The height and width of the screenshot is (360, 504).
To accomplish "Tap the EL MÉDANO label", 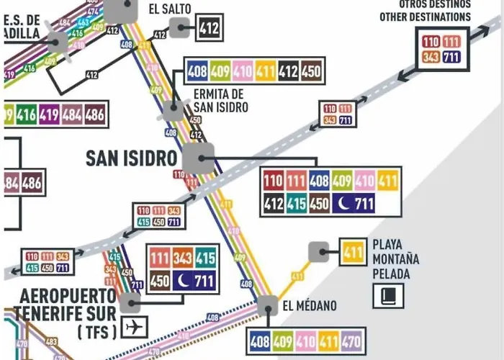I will click(x=309, y=306).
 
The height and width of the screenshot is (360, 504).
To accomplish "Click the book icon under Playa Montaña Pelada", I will click(x=387, y=295).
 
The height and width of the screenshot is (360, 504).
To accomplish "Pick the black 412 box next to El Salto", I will click(x=209, y=29).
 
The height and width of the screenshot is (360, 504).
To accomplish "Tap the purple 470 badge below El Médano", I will click(x=353, y=341).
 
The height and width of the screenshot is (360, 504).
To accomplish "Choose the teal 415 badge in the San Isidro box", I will click(x=296, y=204).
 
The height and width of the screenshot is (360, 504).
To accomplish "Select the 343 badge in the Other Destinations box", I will click(x=431, y=57).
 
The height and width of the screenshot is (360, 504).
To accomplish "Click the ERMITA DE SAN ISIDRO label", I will click(x=220, y=101).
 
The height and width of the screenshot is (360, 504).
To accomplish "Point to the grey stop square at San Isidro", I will click(x=198, y=159).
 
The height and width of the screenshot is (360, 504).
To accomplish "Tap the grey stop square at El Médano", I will click(x=267, y=306).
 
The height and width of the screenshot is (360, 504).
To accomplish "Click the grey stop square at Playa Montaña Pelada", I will click(x=318, y=252).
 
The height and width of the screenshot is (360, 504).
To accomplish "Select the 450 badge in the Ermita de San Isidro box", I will click(x=311, y=71).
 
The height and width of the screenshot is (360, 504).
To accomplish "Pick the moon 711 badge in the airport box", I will click(x=195, y=280).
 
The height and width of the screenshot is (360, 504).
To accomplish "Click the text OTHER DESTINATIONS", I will click(x=425, y=17).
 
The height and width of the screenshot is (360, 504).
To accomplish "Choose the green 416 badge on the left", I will click(x=26, y=114).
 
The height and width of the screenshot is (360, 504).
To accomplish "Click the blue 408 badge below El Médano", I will click(x=258, y=341).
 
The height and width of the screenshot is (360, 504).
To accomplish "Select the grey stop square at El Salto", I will click(x=179, y=29).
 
